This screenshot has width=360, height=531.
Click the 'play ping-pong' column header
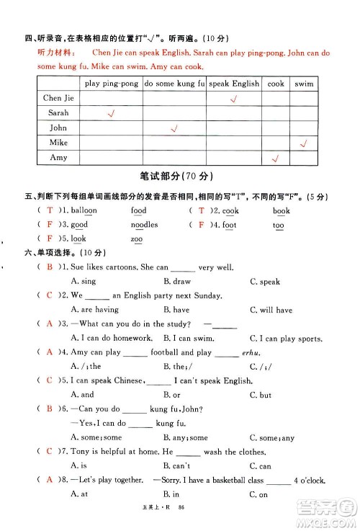111,84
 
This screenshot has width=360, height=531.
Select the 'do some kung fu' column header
175,84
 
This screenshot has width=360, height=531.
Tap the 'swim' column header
304,84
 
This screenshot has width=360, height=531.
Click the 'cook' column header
276,84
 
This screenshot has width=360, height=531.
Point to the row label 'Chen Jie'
58,98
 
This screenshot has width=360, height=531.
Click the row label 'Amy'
58,157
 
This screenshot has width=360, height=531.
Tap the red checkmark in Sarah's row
111,113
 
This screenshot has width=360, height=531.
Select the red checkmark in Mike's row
304,143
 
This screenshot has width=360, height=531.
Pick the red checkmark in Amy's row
275,158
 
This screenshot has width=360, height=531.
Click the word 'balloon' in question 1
84,210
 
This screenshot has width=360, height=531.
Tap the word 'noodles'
144,225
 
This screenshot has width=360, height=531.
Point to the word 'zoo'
137,239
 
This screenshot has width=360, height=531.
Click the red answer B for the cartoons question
50,267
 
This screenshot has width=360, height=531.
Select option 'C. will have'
271,310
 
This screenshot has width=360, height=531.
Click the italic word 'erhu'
253,352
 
